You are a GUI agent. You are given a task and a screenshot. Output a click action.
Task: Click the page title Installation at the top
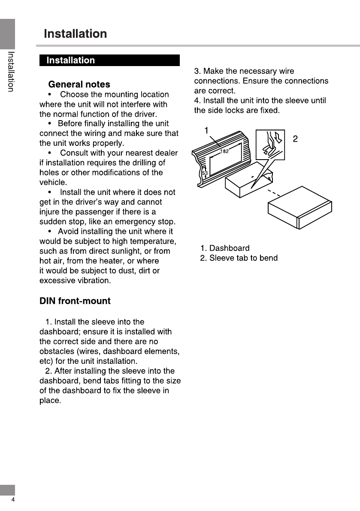click(75, 34)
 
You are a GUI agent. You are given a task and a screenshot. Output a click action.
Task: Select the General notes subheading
click(79, 85)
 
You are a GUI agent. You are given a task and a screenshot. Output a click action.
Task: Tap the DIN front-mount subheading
click(75, 301)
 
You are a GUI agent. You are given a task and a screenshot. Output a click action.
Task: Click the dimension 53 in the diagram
click(205, 173)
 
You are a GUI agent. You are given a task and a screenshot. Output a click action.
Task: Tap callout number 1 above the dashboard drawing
click(206, 130)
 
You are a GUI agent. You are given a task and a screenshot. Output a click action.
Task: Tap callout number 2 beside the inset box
click(295, 139)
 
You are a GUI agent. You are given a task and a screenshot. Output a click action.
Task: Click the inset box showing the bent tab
click(270, 145)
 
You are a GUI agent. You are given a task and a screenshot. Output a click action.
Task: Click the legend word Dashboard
click(229, 248)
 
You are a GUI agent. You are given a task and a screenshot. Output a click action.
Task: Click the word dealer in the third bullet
click(166, 153)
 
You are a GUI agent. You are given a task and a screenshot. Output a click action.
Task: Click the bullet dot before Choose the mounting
click(50, 94)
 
